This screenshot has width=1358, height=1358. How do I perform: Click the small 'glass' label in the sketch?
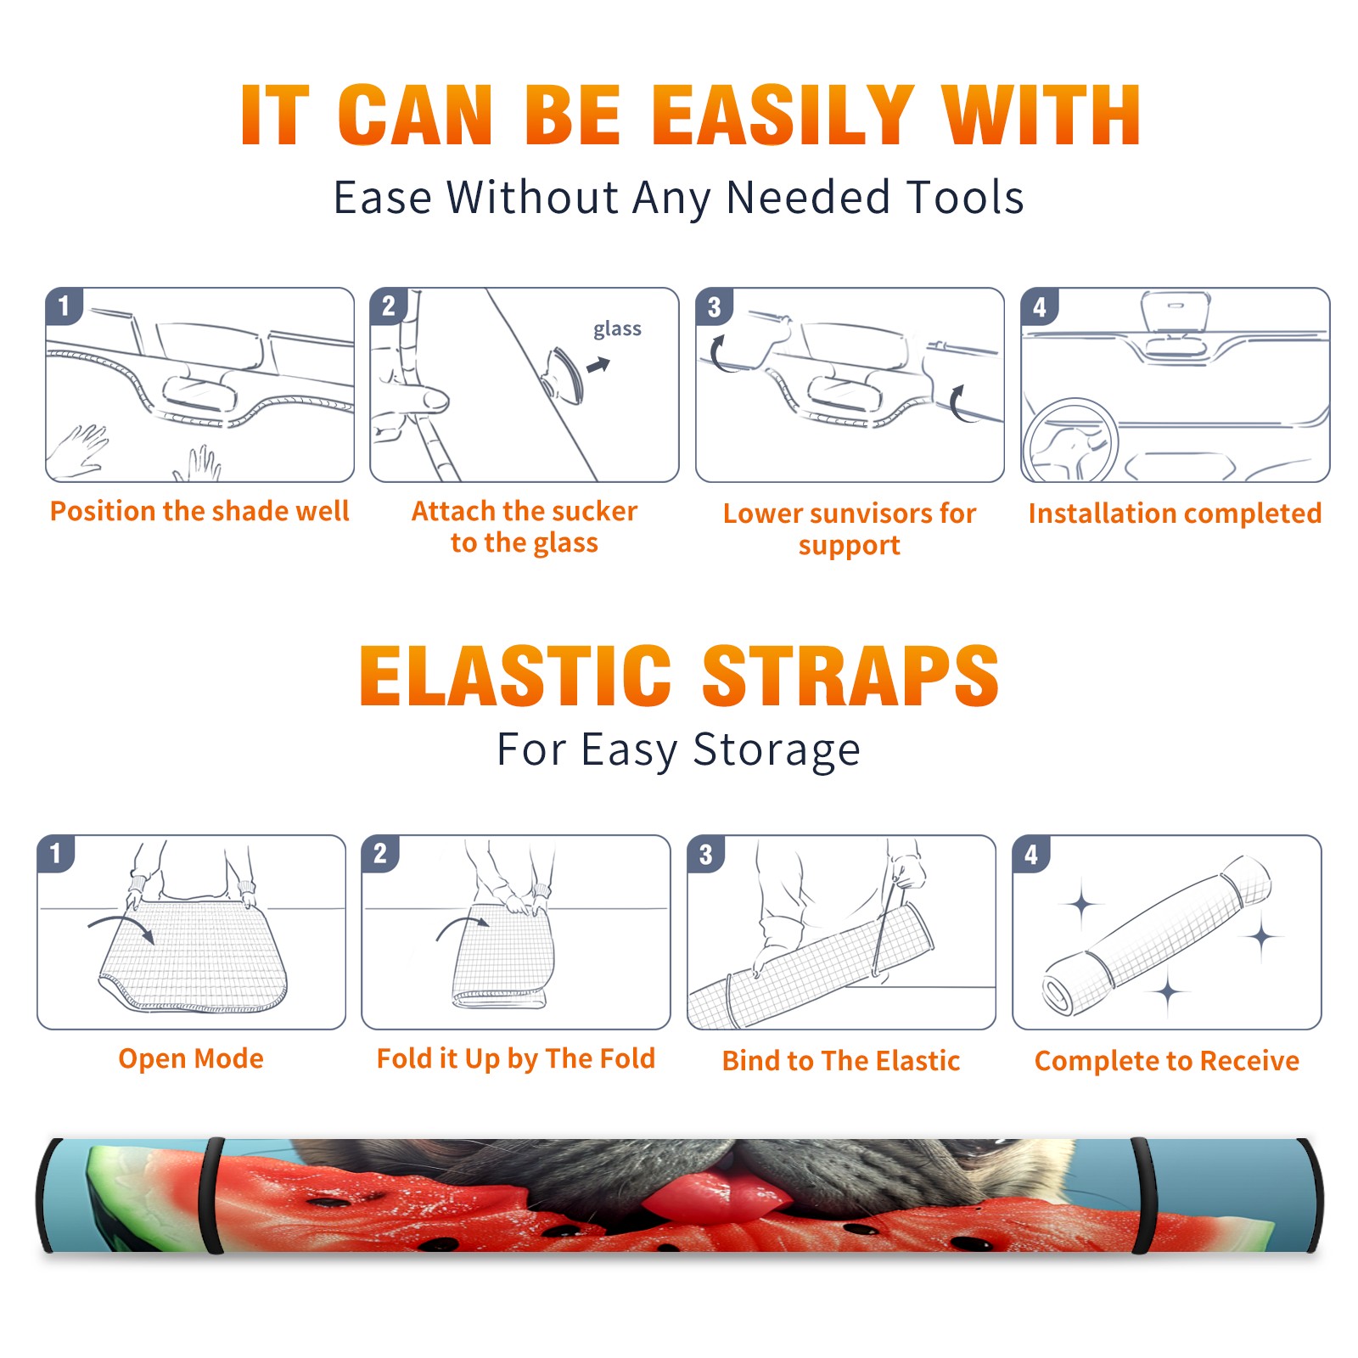617,329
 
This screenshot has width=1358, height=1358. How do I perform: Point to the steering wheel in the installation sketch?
1070,441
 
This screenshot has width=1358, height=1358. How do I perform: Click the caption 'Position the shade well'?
199,511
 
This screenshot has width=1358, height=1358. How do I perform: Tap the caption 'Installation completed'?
1175,513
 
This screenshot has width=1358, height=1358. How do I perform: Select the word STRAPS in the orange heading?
850,676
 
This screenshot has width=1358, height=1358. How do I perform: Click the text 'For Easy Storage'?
679,749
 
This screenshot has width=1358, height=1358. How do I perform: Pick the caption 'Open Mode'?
191,1058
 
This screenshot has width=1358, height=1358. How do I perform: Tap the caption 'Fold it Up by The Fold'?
516,1059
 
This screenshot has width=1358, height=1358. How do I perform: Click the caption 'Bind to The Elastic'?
841,1061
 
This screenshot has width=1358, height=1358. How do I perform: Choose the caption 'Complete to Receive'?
1167,1061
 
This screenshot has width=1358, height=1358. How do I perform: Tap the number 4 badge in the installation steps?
1040,306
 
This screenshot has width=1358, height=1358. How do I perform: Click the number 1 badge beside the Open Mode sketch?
56,853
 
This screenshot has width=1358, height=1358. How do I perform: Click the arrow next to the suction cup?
599,365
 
